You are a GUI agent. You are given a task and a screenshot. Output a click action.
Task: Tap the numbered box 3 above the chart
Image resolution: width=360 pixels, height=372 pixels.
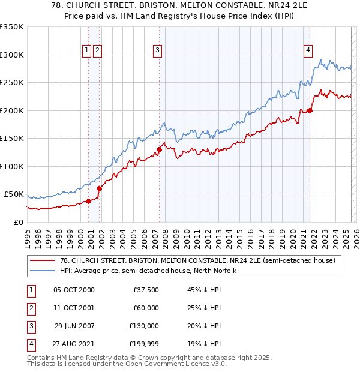click(157, 50)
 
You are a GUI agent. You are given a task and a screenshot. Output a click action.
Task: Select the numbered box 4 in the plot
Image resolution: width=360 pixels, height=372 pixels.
click(308, 50)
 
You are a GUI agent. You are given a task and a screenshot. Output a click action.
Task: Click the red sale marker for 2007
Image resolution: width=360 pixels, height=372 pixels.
click(160, 149)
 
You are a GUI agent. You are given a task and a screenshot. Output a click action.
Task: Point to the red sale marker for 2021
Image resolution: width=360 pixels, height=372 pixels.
click(310, 110)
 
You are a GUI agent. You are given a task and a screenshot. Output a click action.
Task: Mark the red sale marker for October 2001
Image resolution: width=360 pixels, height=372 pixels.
click(99, 188)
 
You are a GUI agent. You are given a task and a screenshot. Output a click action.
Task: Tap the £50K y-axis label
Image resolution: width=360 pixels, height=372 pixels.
click(14, 194)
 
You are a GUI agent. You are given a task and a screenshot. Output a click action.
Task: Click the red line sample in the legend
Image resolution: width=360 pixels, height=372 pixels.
click(42, 260)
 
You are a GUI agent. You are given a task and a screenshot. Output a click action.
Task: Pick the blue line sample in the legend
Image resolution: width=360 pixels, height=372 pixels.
click(42, 271)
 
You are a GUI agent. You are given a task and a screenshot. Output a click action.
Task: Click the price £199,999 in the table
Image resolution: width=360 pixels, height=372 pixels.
click(144, 344)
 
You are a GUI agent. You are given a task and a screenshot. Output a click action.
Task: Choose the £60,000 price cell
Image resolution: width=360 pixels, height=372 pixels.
click(146, 308)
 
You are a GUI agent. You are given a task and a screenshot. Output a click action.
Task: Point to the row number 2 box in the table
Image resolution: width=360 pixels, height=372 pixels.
click(31, 308)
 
